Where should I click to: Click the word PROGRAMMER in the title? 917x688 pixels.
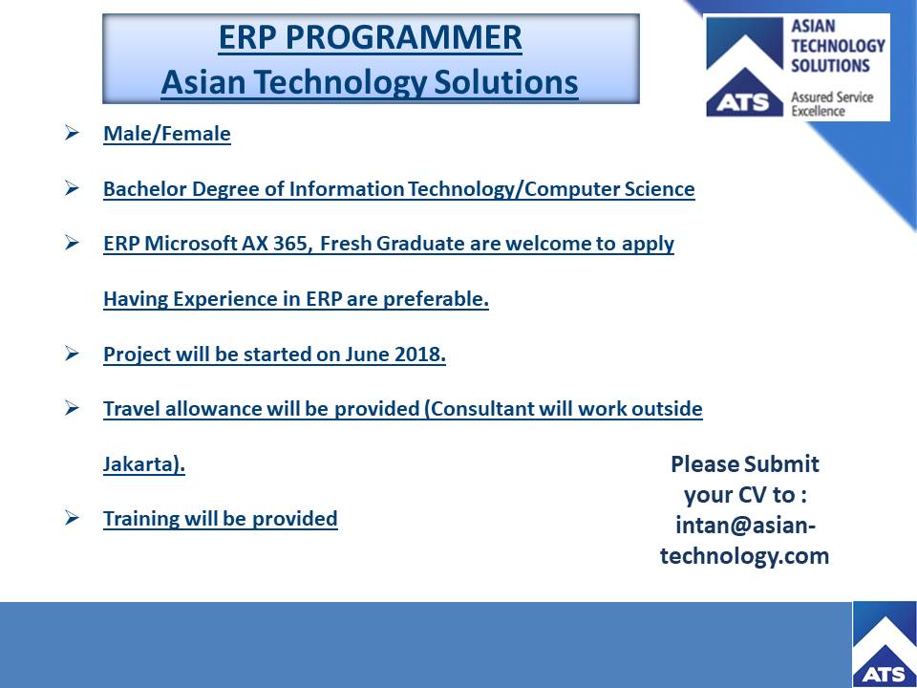[403, 37]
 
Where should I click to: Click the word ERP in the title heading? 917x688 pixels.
[246, 37]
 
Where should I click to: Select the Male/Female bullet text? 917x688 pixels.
[166, 134]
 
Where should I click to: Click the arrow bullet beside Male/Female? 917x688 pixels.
[72, 133]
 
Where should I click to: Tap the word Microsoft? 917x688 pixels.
[190, 244]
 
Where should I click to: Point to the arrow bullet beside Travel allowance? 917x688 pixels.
[72, 407]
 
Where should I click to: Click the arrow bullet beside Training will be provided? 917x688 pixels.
[72, 518]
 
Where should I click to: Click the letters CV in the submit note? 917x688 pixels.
[752, 495]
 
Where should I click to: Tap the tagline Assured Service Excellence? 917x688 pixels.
[832, 103]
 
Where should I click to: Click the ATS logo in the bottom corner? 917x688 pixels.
[885, 644]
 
